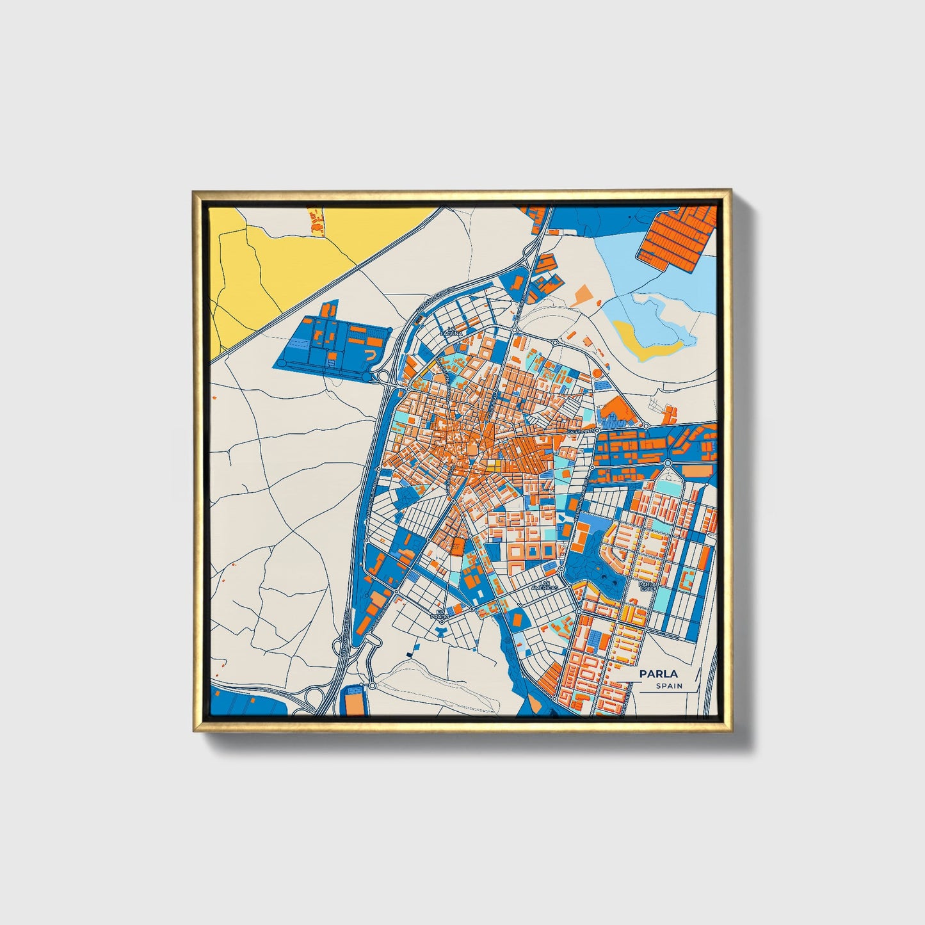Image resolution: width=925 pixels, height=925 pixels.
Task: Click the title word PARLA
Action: (x=657, y=673)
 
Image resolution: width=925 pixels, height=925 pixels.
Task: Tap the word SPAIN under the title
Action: (x=669, y=686)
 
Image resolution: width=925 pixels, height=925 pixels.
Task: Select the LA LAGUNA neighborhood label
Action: (x=451, y=332)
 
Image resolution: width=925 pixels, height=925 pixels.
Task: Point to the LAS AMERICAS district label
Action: (x=548, y=585)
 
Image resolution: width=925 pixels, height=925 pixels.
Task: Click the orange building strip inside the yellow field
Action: (x=316, y=220)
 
